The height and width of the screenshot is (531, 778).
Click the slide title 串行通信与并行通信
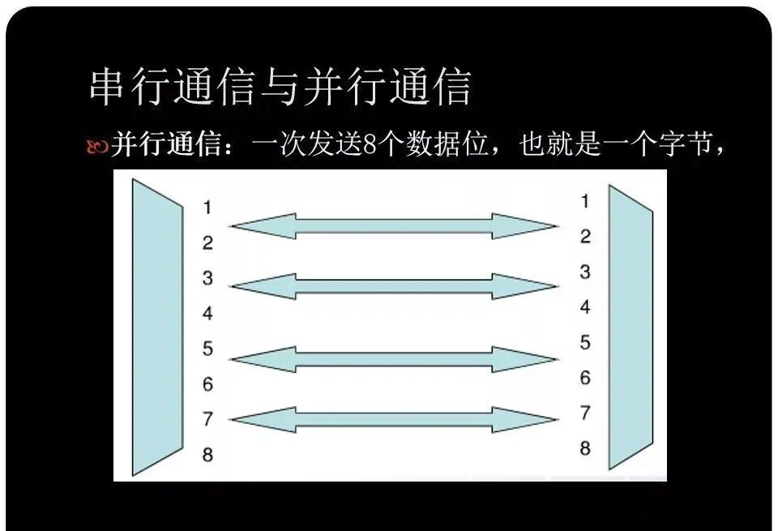280,87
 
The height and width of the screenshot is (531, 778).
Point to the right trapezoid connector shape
630,326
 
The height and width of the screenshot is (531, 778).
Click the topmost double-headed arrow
394,226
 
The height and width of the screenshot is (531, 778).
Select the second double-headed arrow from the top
394,286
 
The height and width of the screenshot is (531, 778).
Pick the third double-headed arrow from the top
394,359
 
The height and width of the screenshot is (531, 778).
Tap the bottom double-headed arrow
394,419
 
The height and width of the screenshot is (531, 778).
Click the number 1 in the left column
207,208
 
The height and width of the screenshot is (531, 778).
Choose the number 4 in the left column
207,313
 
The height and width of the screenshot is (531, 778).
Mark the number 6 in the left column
207,383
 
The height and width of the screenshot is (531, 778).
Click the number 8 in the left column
207,454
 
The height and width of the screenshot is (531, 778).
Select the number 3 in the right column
585,272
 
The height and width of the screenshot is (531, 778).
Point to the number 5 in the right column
585,342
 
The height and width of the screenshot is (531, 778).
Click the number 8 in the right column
585,447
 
